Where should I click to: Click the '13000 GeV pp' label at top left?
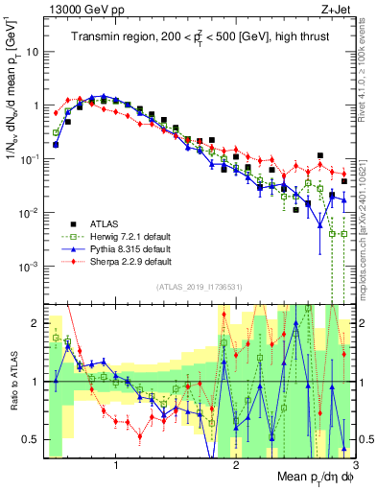(80, 9)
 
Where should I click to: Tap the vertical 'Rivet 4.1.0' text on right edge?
(367, 77)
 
